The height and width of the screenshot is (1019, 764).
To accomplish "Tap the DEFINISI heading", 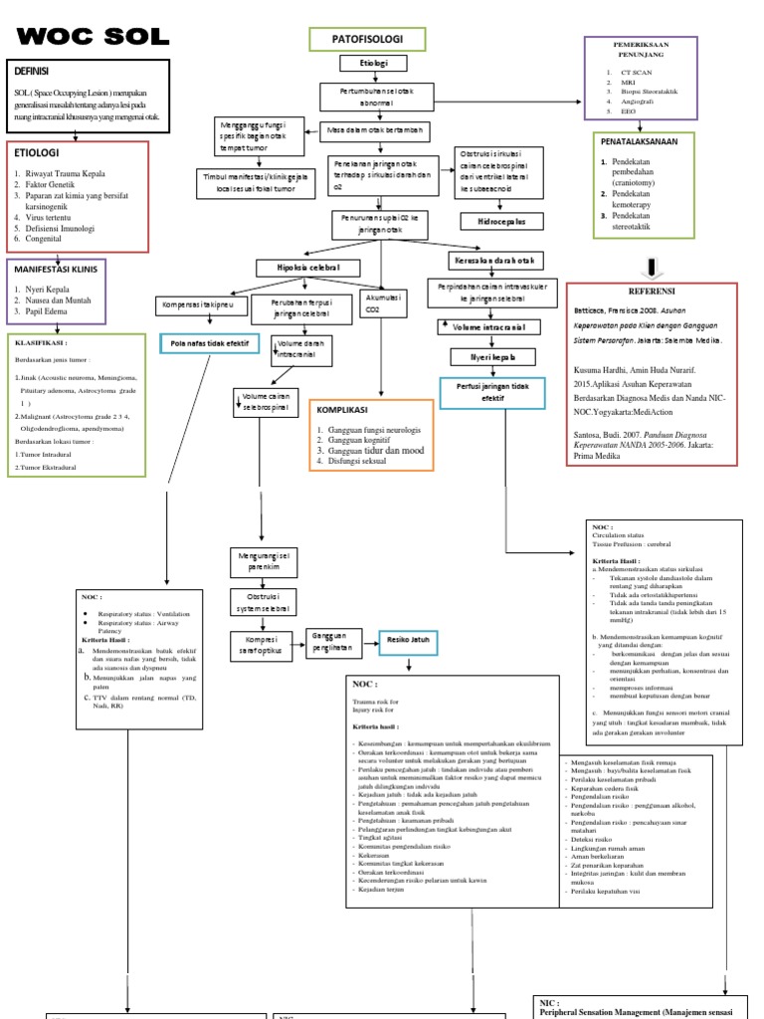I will (33, 72).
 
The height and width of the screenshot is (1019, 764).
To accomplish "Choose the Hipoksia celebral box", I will (308, 268).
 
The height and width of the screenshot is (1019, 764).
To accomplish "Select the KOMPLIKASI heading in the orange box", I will (343, 410).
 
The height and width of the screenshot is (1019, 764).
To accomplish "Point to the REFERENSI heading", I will (652, 292).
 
